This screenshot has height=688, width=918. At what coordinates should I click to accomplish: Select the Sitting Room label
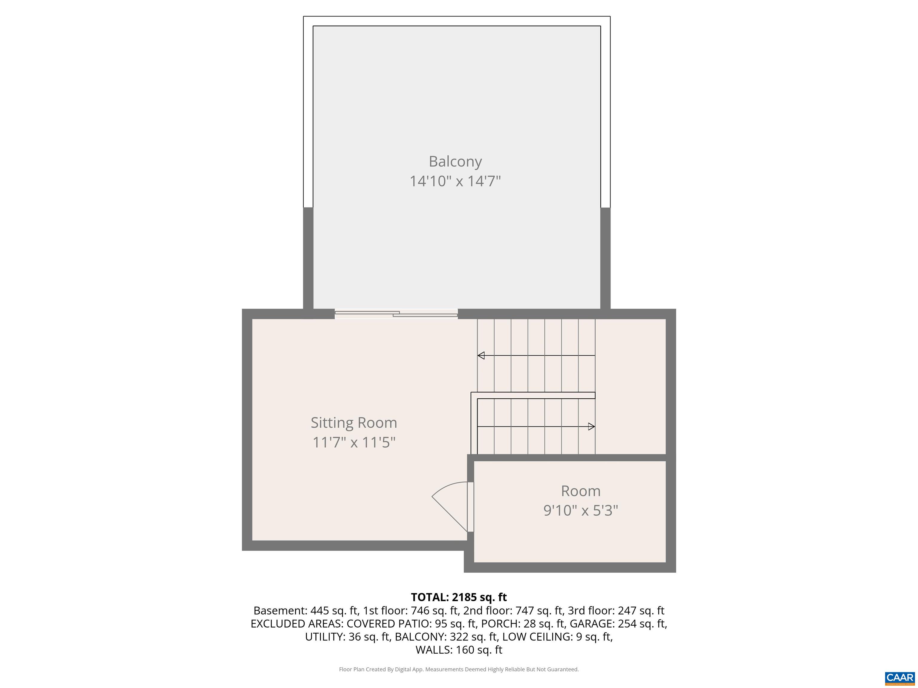(x=354, y=423)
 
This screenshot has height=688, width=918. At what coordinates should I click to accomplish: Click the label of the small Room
(x=581, y=491)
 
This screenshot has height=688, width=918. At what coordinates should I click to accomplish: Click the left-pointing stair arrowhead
(x=481, y=355)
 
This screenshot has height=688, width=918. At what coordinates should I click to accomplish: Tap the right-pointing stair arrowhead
(x=591, y=426)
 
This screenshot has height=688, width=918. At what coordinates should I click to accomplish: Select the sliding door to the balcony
(x=396, y=314)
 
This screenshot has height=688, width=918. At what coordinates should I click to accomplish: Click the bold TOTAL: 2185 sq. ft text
(x=459, y=597)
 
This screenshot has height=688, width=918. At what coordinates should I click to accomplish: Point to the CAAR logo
(x=900, y=678)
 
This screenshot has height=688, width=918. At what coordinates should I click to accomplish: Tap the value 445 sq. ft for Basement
(x=334, y=610)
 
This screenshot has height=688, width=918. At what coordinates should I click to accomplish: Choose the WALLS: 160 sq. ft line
(x=459, y=650)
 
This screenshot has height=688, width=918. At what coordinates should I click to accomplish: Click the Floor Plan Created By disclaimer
(x=459, y=669)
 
